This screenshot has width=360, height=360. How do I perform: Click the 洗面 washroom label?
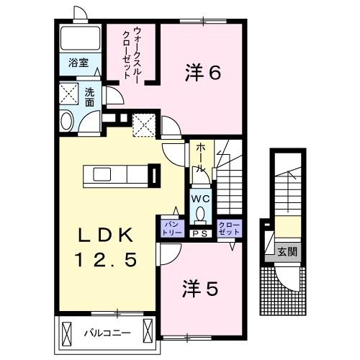90,96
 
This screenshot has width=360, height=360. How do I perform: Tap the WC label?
199,197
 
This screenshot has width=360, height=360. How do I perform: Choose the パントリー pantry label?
170,228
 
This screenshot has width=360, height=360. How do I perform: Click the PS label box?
200,233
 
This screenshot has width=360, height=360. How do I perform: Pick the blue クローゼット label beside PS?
229,228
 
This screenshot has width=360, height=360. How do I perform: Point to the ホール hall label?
201,156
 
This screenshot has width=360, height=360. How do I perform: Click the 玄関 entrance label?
287,252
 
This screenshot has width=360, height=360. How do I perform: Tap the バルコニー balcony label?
106,333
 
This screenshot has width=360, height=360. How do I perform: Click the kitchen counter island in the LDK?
115,176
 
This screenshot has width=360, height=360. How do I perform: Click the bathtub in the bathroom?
80,37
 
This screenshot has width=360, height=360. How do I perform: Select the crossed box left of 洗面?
70,94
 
